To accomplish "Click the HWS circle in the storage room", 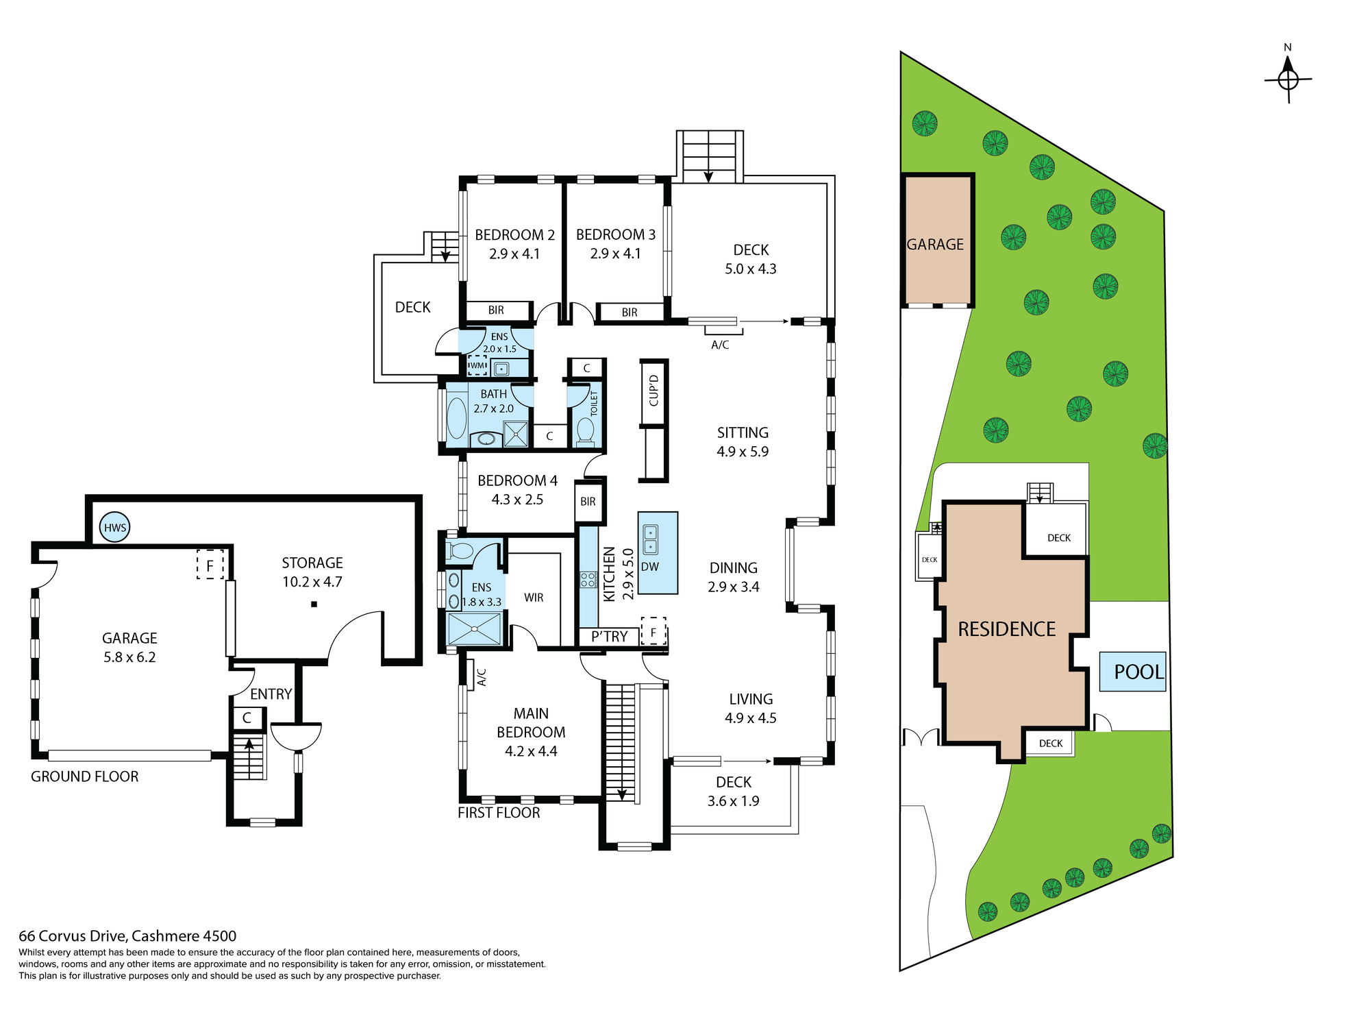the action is point(114,527).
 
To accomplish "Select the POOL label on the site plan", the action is point(1138,672).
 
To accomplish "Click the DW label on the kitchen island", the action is point(650,567).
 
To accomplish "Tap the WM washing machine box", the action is point(477,365).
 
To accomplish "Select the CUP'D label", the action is point(653,391).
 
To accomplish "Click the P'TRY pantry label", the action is point(609,637).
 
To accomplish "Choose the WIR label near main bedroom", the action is point(534,598).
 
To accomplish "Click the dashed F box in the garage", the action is point(210,565).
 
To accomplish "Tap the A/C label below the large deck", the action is point(720,345).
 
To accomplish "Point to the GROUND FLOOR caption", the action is point(85,776).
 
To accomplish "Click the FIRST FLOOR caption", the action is point(499,813).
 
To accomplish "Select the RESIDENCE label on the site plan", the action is point(1007,629).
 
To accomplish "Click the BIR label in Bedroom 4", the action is point(588,502).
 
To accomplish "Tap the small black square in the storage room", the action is point(314,604).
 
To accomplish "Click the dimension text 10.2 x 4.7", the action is point(312,582).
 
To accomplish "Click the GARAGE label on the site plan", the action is point(935,245).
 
